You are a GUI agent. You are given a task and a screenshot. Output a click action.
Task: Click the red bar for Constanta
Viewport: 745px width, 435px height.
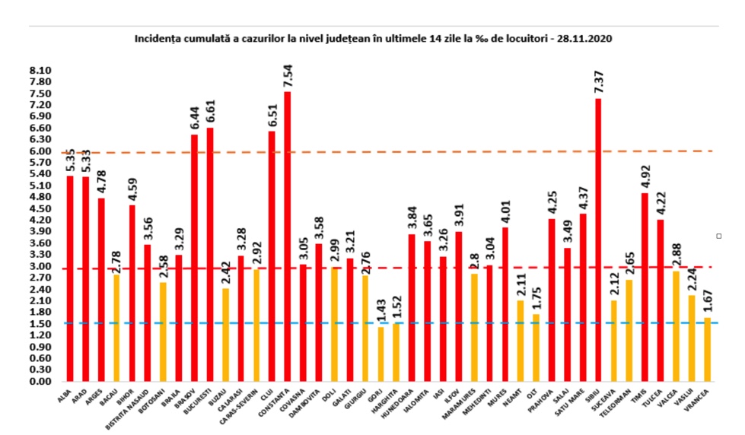point(287,236)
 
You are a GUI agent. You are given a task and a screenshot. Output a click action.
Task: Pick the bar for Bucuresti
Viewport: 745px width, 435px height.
point(209,254)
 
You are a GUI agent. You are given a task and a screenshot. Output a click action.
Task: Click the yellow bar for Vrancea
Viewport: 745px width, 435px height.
point(708,349)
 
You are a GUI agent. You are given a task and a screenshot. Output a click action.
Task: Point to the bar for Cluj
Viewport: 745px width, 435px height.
point(272,256)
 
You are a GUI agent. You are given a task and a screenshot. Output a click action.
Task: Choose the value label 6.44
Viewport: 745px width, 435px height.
point(195,118)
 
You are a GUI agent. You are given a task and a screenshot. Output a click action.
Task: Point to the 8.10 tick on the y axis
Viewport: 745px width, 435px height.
point(40,70)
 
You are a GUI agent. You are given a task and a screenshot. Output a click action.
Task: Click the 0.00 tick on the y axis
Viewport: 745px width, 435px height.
point(40,381)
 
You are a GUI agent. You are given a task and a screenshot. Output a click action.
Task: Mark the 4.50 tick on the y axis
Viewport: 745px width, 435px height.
point(40,208)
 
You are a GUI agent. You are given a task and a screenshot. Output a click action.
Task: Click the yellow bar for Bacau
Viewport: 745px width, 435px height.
point(116,328)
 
